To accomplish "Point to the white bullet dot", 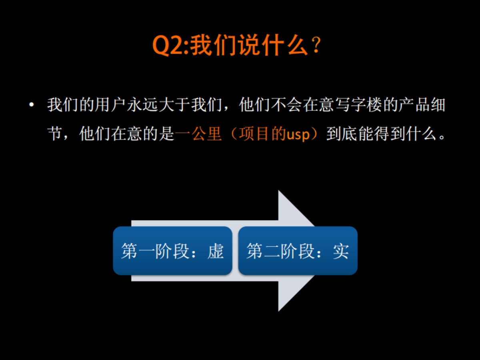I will click(32, 106).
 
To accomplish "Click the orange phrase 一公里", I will click(198, 134).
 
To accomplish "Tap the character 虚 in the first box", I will click(216, 251).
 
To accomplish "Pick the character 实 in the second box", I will click(341, 251).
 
